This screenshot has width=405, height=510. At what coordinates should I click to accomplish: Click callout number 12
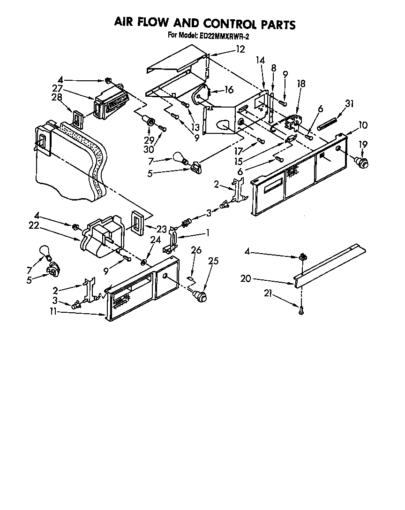[x=240, y=49]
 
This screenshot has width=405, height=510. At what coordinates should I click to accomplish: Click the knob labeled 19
[x=362, y=162]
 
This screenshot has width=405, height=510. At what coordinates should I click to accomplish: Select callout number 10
[x=363, y=125]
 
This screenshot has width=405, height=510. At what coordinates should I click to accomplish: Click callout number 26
[x=196, y=250]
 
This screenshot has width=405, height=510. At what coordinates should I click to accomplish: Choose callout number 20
[x=246, y=279]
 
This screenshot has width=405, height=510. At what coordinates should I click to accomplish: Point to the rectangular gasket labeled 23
[x=137, y=222]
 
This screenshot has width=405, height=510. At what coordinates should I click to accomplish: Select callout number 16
[x=228, y=89]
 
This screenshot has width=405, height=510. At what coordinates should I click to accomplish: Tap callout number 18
[x=301, y=84]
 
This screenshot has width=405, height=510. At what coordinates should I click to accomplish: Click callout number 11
[x=53, y=311]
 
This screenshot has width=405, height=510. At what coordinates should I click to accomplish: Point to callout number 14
[x=260, y=60]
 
